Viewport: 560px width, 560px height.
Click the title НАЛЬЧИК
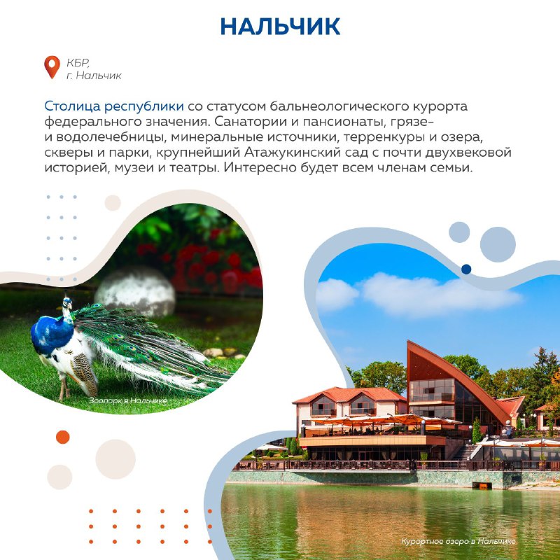(280, 27)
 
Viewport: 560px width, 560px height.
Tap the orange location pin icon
(52, 66)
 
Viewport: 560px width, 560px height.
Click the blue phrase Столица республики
(114, 106)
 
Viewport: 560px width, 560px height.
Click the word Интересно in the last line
(260, 167)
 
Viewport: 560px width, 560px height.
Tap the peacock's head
(67, 303)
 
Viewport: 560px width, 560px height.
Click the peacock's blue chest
(52, 335)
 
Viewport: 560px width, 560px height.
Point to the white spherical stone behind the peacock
(136, 291)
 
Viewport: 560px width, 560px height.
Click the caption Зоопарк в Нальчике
(128, 400)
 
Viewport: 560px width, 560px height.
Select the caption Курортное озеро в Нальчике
(458, 541)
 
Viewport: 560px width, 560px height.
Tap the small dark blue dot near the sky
(466, 269)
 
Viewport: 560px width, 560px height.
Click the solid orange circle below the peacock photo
(63, 437)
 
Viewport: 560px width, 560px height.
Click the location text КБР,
(78, 63)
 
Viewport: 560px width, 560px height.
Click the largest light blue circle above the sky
(498, 244)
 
